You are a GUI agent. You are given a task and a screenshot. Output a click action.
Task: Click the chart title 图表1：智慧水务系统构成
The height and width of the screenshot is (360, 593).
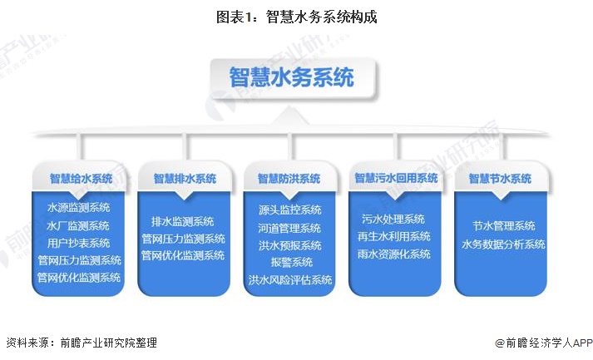296,16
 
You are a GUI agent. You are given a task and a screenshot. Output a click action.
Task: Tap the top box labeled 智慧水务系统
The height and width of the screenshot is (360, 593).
292,77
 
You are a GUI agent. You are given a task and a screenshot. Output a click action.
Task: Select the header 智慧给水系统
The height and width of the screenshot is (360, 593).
81,178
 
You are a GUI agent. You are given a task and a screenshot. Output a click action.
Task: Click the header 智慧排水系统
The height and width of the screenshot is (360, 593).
185,178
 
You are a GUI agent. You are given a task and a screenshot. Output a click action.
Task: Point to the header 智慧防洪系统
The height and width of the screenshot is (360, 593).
289,178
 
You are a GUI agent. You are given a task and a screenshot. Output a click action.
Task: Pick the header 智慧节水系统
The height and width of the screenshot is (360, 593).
500,178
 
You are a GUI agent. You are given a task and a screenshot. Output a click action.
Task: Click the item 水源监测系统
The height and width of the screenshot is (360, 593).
79,208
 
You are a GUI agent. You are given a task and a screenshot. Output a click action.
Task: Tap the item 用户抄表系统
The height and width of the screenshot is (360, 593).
79,243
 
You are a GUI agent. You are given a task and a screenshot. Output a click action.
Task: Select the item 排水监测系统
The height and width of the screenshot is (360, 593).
183,221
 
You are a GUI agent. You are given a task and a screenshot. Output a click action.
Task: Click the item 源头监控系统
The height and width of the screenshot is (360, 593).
289,210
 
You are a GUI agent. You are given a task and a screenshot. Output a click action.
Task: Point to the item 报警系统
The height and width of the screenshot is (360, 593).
289,262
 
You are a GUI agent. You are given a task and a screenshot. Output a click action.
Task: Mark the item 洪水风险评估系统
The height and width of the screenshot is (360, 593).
289,279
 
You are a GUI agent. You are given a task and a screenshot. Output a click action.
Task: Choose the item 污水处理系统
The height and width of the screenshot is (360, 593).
393,219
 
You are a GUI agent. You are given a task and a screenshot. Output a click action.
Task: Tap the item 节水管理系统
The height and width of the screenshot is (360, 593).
504,226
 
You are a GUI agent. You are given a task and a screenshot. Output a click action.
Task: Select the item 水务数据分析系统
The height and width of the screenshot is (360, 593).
504,244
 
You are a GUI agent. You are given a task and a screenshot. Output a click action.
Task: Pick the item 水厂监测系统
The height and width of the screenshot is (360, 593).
79,225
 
